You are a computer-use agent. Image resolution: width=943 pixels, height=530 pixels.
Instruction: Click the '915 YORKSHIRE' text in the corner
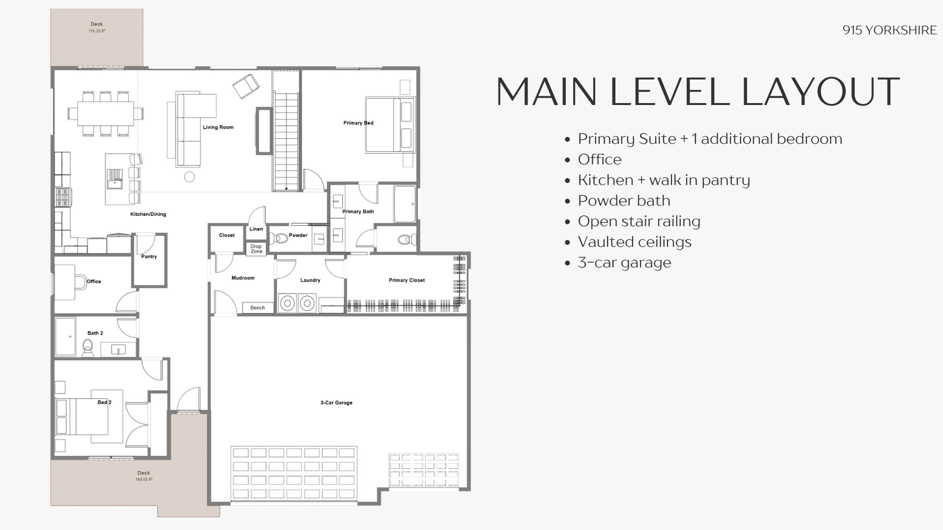[x=889, y=30]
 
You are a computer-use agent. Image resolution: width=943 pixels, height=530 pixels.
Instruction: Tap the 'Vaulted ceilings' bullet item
[x=635, y=242]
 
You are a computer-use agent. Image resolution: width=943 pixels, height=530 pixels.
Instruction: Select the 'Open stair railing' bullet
[x=639, y=221]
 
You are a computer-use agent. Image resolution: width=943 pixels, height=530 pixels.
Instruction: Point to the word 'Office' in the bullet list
[x=600, y=159]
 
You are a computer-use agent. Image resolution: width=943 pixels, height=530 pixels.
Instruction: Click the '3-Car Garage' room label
[x=336, y=403]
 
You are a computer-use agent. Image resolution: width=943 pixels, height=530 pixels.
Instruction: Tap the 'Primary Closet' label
[x=407, y=280]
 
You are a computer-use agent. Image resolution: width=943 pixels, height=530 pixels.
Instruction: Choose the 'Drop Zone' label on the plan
[x=256, y=249]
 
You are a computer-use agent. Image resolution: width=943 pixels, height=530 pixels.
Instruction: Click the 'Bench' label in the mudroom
[x=257, y=308]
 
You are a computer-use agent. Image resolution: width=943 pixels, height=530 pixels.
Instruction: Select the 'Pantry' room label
[x=149, y=257]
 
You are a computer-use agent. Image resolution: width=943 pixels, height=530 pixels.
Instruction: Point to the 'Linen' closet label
[x=256, y=229]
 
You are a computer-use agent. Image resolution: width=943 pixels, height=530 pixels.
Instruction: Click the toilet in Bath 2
[x=88, y=348]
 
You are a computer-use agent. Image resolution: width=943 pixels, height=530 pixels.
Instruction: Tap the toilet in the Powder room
[x=278, y=239]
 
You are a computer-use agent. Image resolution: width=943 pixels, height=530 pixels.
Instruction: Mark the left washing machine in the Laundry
[x=287, y=303]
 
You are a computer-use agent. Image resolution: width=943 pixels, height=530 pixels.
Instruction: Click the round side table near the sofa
[x=189, y=177]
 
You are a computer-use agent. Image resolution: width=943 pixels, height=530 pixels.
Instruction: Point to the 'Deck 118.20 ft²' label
[x=97, y=27]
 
